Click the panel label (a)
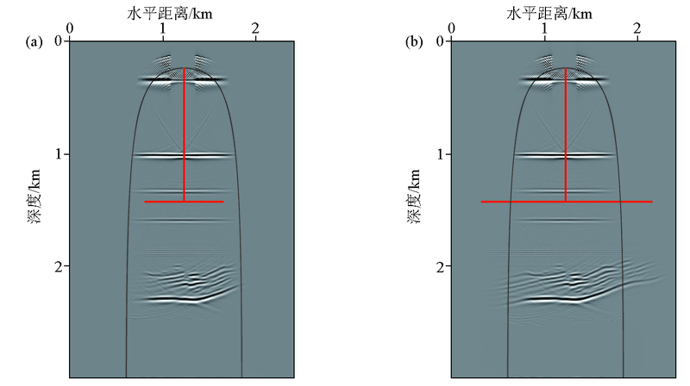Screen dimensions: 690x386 click(34, 42)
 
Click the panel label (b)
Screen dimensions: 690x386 click(414, 42)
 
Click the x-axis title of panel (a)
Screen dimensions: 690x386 click(170, 14)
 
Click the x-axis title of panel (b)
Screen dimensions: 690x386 click(549, 14)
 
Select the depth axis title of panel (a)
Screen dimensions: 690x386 click(34, 196)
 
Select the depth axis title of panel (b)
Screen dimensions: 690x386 click(414, 196)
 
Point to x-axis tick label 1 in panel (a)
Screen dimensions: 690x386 click(163, 28)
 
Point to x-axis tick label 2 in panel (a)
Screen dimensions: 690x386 click(255, 28)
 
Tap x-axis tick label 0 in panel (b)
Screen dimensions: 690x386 click(451, 28)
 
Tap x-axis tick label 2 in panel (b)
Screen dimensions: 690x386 click(637, 28)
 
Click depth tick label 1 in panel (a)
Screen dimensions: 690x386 click(59, 154)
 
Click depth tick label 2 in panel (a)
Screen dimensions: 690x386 click(59, 266)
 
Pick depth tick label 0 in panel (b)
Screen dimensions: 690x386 click(440, 41)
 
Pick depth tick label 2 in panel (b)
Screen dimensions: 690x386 click(440, 266)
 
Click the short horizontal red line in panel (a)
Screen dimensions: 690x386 click(184, 202)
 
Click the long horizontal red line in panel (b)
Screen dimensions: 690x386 click(567, 202)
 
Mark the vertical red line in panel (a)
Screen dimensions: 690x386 click(184, 134)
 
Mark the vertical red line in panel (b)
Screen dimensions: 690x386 click(566, 134)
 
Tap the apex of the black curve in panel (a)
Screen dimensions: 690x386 click(184, 68)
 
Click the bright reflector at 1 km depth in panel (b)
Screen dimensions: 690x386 click(564, 155)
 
